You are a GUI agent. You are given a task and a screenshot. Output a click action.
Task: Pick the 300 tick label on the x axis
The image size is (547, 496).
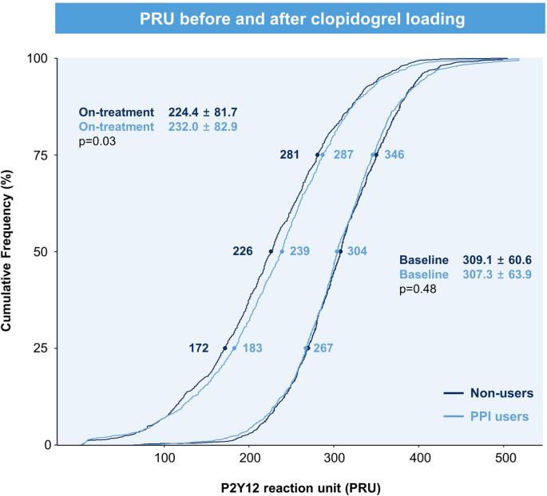pos(334,459)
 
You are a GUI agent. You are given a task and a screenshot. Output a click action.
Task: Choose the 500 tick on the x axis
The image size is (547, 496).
pos(505,459)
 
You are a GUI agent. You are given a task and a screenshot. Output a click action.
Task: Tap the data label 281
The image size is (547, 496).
pos(289,155)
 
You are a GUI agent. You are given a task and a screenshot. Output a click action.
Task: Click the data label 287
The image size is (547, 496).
pos(343,155)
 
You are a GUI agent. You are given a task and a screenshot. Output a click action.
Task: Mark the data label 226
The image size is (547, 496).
pos(242,251)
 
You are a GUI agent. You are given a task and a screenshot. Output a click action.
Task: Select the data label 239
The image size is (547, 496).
pos(300,251)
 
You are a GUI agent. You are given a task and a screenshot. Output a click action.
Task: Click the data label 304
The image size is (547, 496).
pos(357,251)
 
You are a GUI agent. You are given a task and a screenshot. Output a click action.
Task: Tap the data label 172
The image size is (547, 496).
pos(199,348)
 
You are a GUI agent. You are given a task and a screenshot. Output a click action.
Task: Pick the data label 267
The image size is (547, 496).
pos(323,348)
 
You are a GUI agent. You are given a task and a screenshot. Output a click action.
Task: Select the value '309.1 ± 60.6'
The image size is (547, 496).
pos(497,260)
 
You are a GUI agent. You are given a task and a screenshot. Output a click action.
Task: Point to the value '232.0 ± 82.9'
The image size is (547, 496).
pos(203,127)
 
